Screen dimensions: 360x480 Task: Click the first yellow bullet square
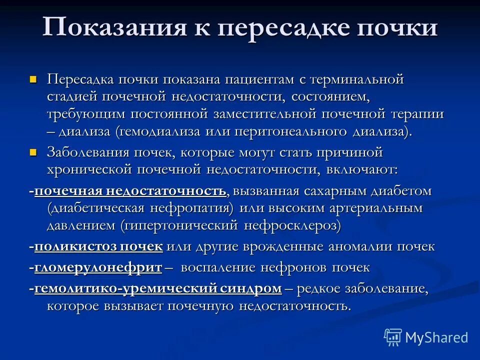34,79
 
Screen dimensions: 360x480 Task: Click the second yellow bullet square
34,151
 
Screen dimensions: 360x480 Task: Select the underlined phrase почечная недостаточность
130,191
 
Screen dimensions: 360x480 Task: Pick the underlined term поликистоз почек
98,246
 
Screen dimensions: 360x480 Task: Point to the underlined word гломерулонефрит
98,267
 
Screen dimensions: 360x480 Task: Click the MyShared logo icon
392,337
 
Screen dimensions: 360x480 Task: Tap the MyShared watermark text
436,337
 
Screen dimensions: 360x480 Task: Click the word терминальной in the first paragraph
356,79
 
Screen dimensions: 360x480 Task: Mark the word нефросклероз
292,225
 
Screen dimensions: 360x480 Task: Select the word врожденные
284,246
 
